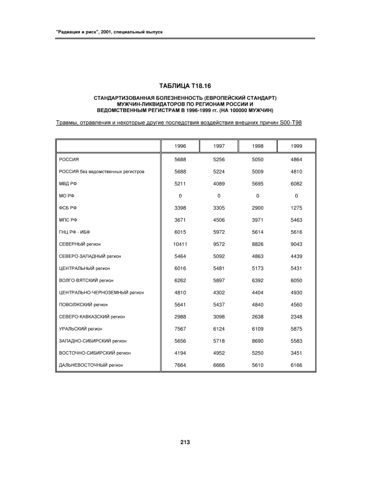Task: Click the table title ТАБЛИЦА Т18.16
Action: click(x=185, y=86)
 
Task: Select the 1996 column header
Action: click(x=180, y=145)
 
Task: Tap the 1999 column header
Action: click(x=296, y=145)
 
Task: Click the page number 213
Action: click(x=185, y=442)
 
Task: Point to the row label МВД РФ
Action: click(x=68, y=183)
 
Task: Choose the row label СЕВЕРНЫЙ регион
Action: click(x=82, y=244)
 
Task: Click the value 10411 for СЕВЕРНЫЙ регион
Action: click(x=180, y=244)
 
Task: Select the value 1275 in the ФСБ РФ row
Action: click(x=296, y=207)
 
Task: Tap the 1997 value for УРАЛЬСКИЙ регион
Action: click(x=219, y=328)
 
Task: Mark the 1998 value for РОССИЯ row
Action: click(x=257, y=159)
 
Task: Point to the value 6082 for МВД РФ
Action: click(x=296, y=183)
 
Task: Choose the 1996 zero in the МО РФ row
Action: click(x=180, y=195)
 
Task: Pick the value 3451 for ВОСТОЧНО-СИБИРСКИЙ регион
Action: click(x=296, y=352)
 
